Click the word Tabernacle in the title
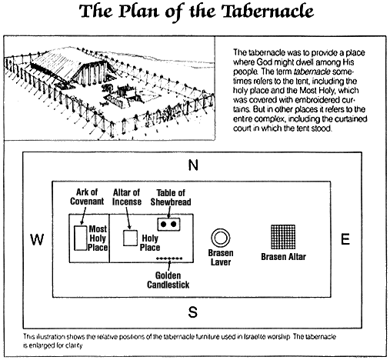click(x=268, y=12)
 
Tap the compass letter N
click(x=193, y=165)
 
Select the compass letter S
click(x=193, y=312)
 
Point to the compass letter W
click(x=37, y=239)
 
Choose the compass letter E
click(x=345, y=239)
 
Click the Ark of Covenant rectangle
click(x=75, y=238)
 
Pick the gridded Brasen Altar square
click(x=283, y=237)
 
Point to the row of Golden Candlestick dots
click(x=169, y=258)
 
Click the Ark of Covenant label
click(x=87, y=197)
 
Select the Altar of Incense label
click(x=127, y=197)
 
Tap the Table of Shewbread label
click(x=171, y=197)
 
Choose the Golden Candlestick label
click(x=168, y=280)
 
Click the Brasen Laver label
click(x=221, y=258)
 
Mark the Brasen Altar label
click(x=283, y=257)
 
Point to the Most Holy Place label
click(x=98, y=238)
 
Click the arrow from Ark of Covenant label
click(x=83, y=216)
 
